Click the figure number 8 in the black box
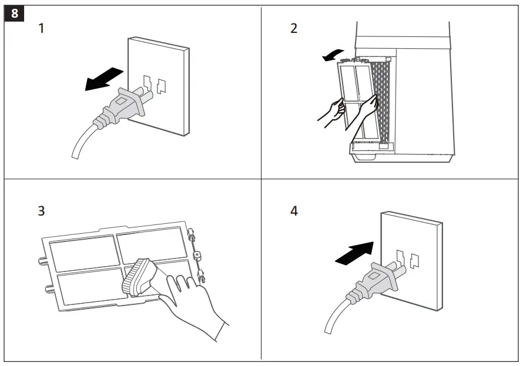[15, 12]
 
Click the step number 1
[41, 28]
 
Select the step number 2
[294, 28]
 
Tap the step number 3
[41, 210]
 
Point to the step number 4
[294, 210]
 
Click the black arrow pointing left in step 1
[103, 79]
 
